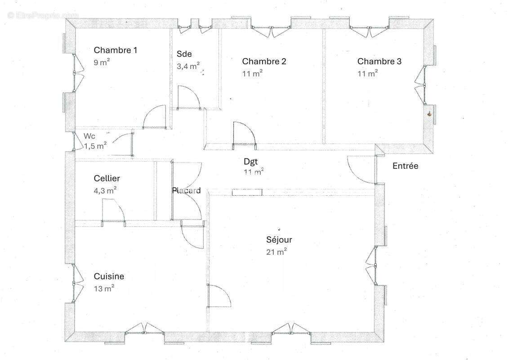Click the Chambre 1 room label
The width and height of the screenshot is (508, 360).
tap(116, 50)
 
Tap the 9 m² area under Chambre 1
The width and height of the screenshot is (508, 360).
tap(102, 62)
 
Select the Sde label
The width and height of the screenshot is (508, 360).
tap(184, 54)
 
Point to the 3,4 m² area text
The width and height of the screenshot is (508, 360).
tap(188, 66)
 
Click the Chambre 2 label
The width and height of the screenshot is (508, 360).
tap(264, 61)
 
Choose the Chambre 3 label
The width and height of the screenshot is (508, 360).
tap(379, 61)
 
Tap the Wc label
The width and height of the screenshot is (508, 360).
tap(89, 136)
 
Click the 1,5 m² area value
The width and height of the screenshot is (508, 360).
tap(96, 146)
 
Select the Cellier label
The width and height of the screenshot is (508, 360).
tap(107, 178)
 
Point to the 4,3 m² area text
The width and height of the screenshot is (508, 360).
tap(105, 190)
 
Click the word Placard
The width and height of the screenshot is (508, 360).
tap(186, 190)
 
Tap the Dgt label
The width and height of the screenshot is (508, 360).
tap(251, 162)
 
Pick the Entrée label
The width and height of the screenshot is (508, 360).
tap(406, 166)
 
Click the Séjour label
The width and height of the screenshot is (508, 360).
tap(279, 240)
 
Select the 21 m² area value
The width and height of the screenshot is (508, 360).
tap(276, 252)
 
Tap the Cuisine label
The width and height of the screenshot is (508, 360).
tap(109, 276)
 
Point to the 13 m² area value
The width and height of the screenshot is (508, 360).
tap(104, 288)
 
